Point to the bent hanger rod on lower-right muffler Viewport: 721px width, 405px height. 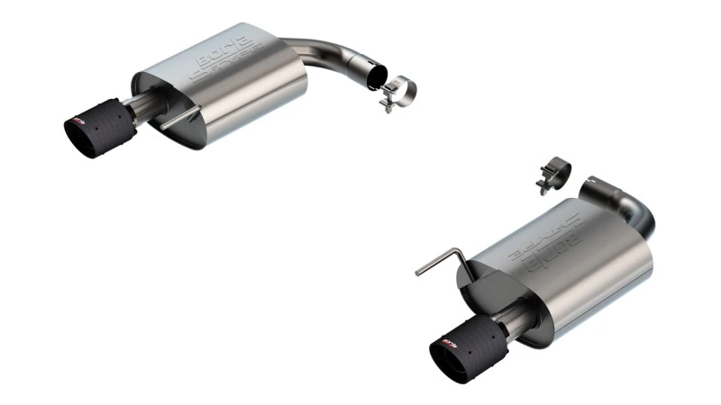(x=441, y=262)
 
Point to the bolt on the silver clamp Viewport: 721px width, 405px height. (x=385, y=105)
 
